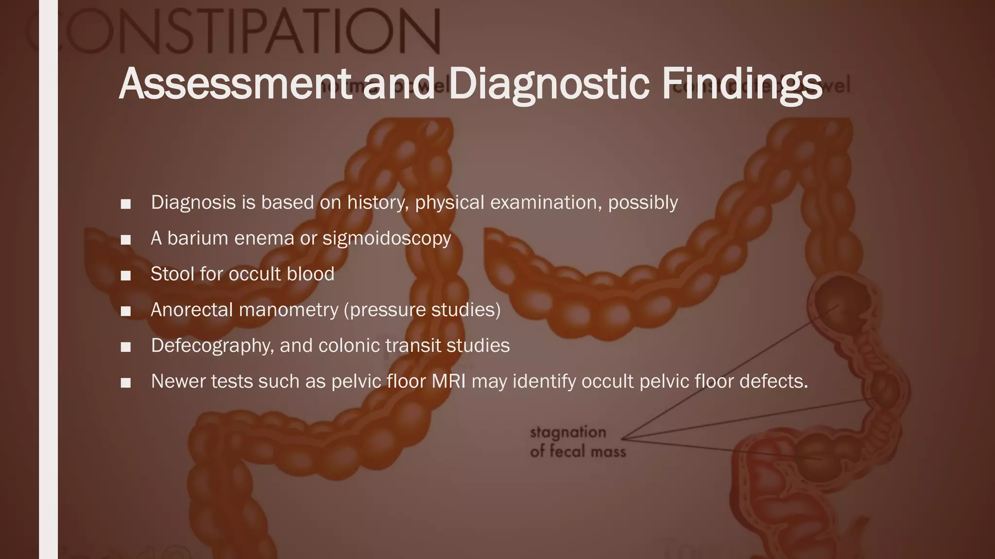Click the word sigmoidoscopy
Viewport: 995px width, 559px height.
click(387, 239)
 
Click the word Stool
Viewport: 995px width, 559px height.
click(172, 274)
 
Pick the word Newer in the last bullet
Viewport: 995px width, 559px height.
click(178, 381)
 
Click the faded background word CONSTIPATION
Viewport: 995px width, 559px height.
click(233, 30)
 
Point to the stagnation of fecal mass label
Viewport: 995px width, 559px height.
click(577, 442)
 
